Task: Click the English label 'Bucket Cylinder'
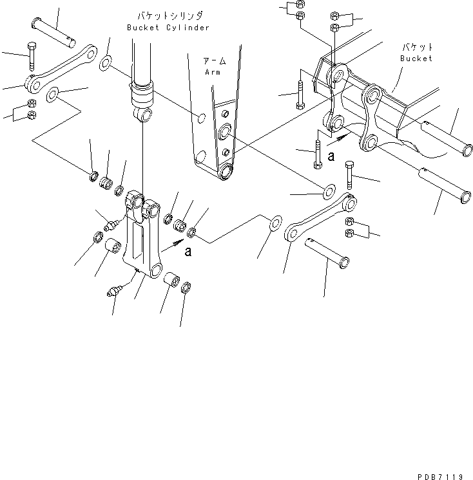coord(168,28)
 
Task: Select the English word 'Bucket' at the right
coord(416,59)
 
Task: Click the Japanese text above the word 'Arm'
coord(214,62)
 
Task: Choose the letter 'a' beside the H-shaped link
coord(188,252)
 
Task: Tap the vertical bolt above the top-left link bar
coord(30,56)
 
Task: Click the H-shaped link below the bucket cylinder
coord(143,238)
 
